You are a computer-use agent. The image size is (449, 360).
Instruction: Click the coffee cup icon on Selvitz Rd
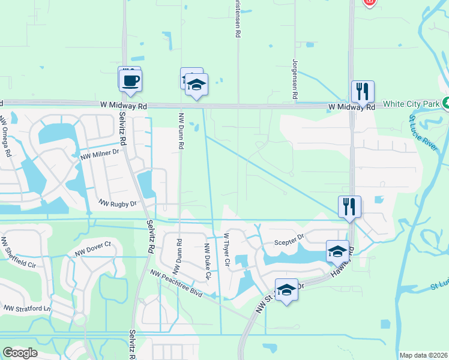coord(130,80)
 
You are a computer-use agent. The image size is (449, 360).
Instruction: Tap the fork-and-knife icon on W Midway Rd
coord(363,91)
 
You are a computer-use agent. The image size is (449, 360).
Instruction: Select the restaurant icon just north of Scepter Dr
coord(349,206)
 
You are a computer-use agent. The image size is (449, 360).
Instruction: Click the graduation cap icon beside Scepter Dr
coord(337,251)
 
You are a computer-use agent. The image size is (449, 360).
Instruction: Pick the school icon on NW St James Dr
coord(287,289)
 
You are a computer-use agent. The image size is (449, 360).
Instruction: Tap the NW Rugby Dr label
coord(118,204)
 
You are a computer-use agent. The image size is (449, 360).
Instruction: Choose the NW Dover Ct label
coord(94,246)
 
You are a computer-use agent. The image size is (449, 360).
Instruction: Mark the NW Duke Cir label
coord(208,262)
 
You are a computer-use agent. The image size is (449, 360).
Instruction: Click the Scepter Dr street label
coord(289,243)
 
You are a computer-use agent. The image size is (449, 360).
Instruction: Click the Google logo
coord(20,352)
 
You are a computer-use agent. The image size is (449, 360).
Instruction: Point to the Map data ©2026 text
coord(423,355)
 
